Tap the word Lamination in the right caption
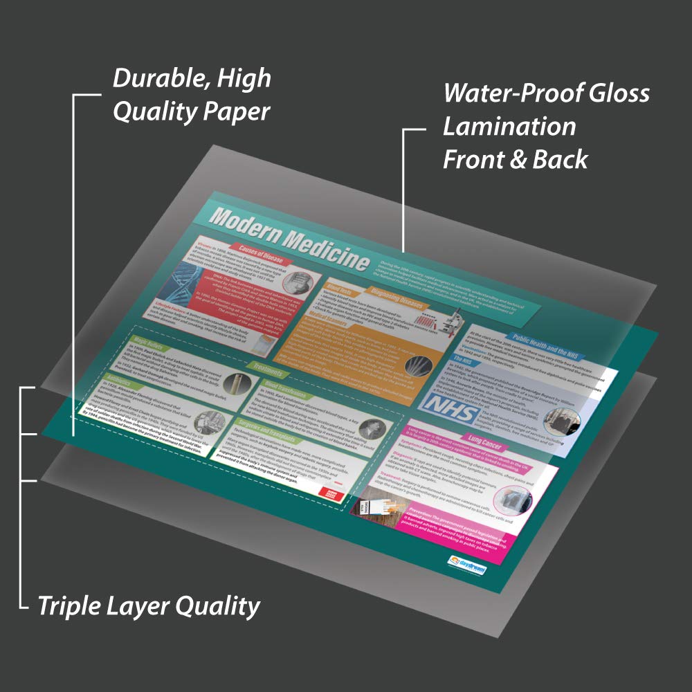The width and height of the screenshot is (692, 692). pyautogui.click(x=509, y=127)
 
